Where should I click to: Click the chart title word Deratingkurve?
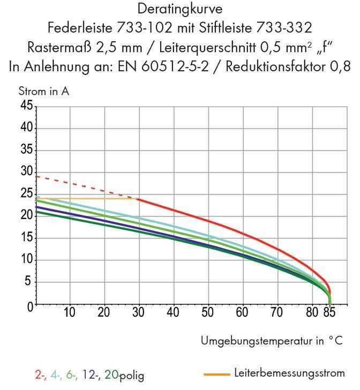click(x=179, y=10)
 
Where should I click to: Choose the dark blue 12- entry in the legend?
click(x=89, y=376)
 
